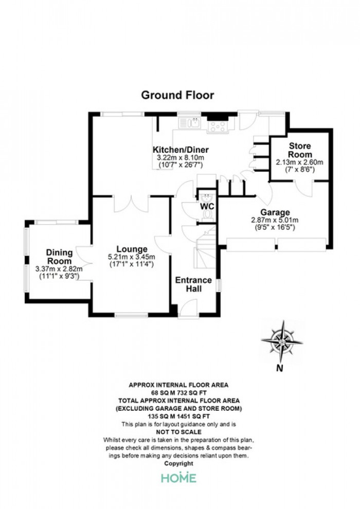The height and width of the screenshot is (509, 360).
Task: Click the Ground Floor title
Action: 177,95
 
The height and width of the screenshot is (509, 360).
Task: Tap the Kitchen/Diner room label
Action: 181,150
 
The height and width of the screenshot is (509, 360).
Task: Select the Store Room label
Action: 300,150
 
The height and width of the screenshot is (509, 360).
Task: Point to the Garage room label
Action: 275,212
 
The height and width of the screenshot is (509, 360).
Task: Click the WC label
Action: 207,207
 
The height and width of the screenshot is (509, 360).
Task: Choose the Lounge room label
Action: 132,249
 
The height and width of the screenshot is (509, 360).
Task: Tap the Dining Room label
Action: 59,257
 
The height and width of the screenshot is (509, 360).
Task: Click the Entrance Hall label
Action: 193,284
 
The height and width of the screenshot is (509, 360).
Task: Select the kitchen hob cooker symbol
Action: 218,126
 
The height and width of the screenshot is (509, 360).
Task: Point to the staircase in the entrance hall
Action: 206,247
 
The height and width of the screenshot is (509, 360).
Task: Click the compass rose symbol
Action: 282,341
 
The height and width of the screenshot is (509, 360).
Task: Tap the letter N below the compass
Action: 279,368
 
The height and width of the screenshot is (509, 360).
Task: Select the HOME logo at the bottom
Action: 179,478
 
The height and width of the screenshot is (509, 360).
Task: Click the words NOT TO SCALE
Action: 179,432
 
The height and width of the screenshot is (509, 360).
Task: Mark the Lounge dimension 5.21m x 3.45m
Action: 132,257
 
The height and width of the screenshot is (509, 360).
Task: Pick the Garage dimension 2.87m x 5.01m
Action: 275,220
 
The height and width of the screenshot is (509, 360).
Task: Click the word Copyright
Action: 179,464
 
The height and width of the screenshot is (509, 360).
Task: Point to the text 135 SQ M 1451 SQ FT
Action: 179,416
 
